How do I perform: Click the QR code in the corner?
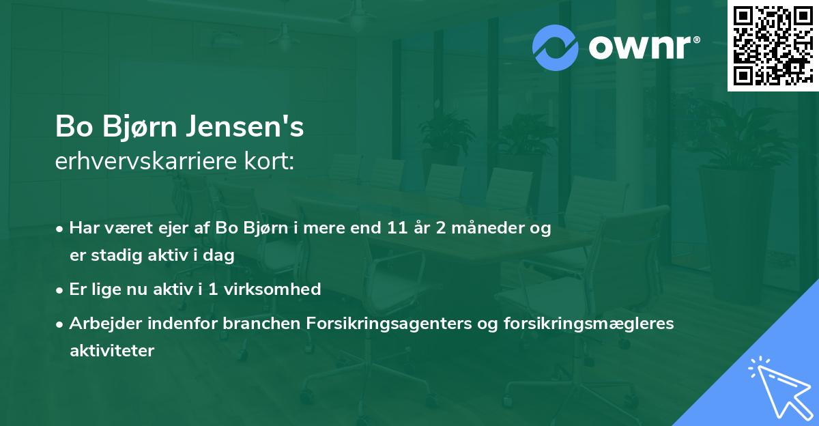pos(773,46)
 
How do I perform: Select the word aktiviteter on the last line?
pos(112,350)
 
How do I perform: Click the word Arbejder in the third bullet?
pos(100,323)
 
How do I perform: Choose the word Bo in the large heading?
pos(70,128)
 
